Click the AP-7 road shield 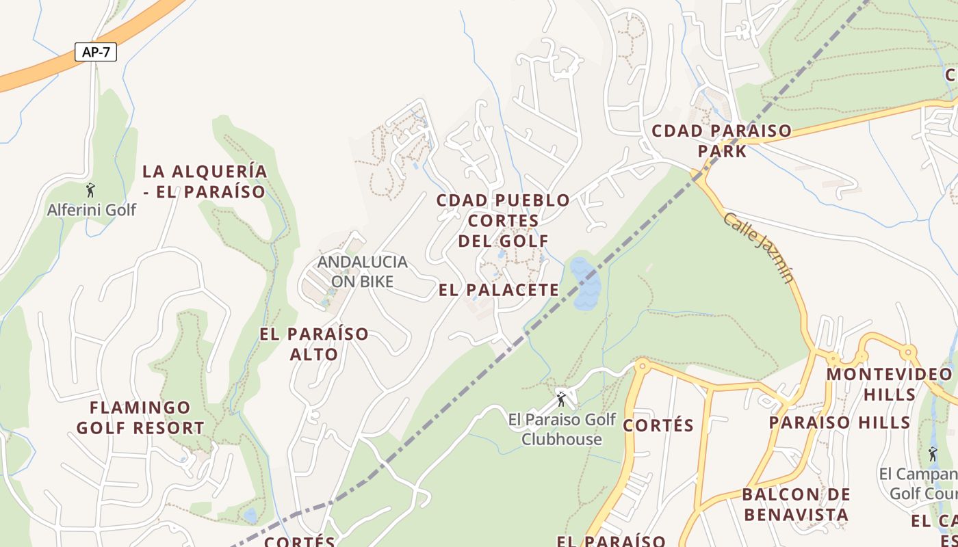point(96,52)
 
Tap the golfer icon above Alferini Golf point(90,189)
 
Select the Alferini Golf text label point(92,210)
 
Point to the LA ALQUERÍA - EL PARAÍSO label point(204,181)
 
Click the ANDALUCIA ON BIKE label point(362,271)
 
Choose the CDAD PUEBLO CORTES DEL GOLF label point(503,220)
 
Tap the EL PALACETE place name point(499,290)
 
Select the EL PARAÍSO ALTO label point(314,344)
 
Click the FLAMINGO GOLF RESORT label point(140,418)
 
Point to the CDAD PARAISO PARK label point(722,140)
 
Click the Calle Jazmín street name point(760,247)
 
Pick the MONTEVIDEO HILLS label point(889,384)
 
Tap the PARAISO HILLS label point(840,422)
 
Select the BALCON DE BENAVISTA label point(796,504)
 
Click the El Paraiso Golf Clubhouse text point(562,429)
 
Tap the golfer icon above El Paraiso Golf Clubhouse point(561,399)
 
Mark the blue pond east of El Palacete point(585,284)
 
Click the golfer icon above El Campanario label point(933,453)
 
